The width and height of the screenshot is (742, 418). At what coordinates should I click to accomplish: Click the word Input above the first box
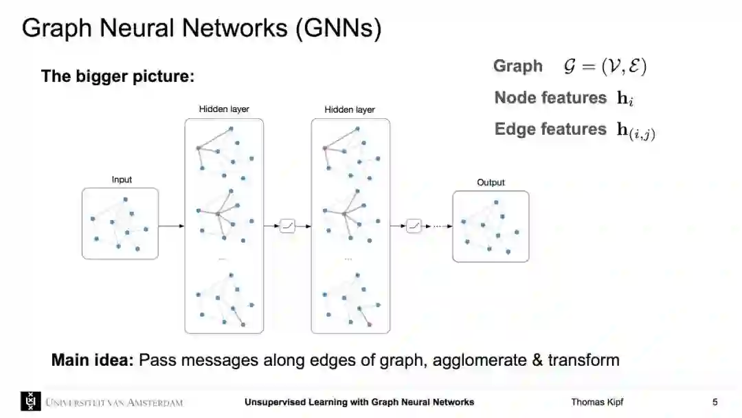[122, 179]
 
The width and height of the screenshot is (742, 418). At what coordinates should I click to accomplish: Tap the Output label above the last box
[491, 182]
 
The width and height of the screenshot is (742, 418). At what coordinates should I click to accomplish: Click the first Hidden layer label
[224, 109]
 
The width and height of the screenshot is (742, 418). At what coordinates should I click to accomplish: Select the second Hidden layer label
[350, 109]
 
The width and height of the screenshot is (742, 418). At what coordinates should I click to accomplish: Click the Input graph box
[120, 223]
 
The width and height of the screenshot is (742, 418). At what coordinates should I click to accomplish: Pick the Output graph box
[491, 226]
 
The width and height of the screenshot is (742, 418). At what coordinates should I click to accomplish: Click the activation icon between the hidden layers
[287, 225]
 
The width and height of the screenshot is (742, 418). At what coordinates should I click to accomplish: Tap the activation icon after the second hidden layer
[414, 225]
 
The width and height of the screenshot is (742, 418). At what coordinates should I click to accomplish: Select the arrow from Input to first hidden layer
[171, 225]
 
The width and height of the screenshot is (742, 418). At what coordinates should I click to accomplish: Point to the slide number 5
[715, 402]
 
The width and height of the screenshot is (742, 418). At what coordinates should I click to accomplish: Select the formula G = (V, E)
[604, 66]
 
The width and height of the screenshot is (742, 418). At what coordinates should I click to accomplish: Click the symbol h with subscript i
[625, 98]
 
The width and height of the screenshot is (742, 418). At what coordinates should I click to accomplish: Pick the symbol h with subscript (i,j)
[636, 131]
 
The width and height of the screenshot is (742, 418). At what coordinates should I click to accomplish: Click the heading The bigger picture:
[118, 76]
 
